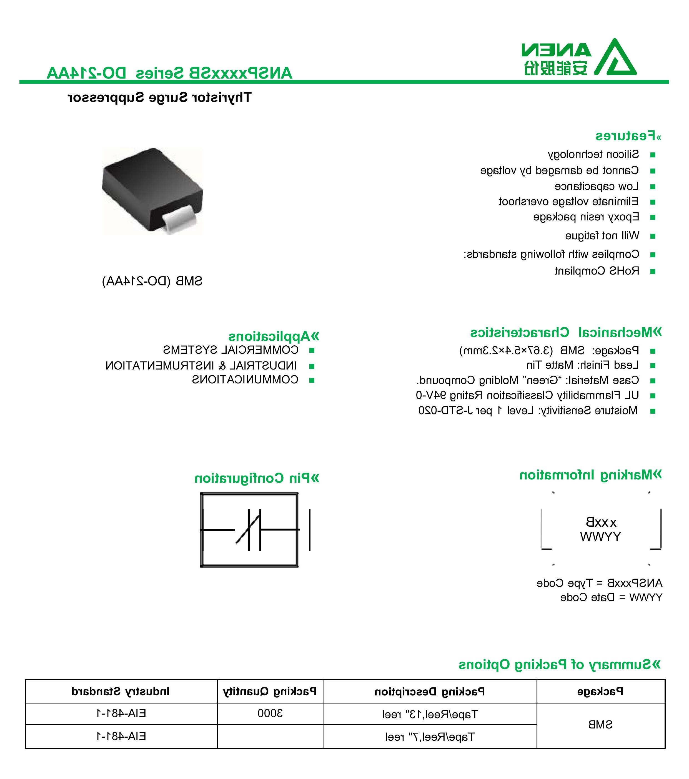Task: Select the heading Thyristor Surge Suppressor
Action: click(x=159, y=97)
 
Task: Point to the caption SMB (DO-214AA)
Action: click(x=152, y=281)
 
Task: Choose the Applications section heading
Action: click(x=274, y=336)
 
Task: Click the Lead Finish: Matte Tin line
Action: click(x=582, y=365)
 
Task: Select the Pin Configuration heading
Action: click(x=257, y=478)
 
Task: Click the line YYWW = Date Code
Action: click(x=611, y=597)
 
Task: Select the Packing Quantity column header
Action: click(x=270, y=691)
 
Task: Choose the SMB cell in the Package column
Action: click(x=600, y=725)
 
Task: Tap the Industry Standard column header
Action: click(x=121, y=691)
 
